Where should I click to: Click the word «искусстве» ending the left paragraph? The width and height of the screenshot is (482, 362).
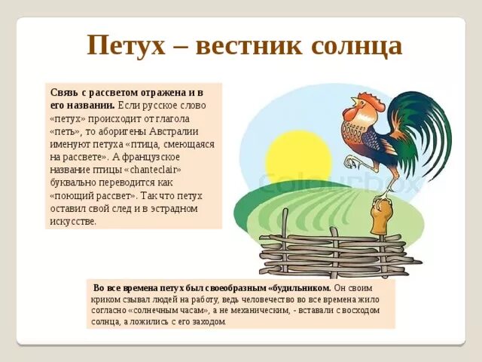pos(74,221)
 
